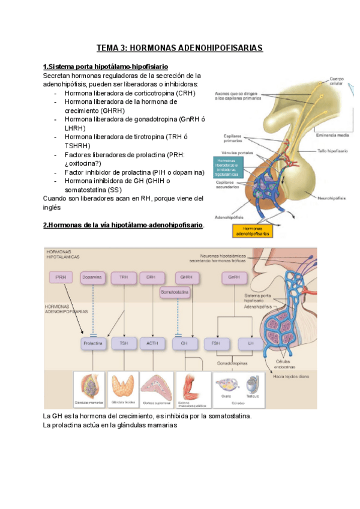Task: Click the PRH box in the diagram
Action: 61,278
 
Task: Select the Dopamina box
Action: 92,278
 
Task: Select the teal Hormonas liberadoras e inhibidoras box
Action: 226,166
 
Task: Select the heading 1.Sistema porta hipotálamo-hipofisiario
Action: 106,66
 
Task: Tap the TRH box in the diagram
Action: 124,278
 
